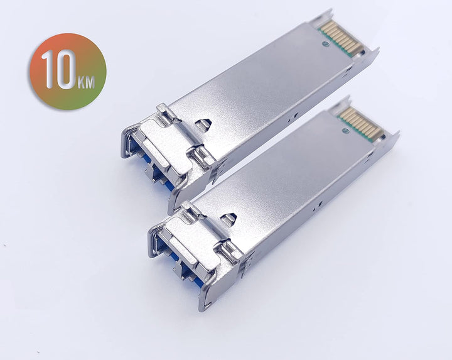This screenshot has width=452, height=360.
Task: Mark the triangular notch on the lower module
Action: [229, 219]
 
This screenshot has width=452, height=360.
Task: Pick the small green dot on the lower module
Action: [345, 131]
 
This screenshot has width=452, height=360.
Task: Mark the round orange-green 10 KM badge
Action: [67, 72]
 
